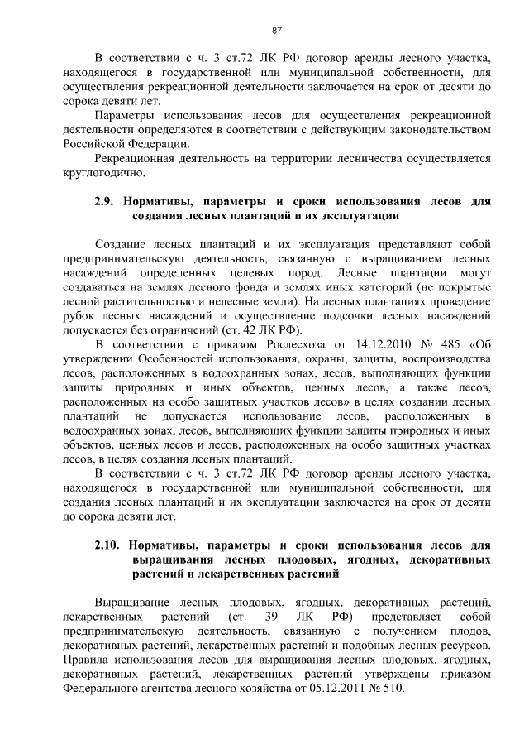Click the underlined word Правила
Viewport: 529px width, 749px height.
coord(87,660)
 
